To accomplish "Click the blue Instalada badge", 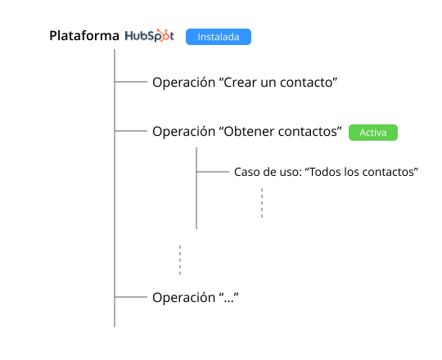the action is click(219, 37).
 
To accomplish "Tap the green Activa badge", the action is click(373, 133).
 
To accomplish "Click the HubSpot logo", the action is click(150, 36).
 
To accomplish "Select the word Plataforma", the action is click(84, 36).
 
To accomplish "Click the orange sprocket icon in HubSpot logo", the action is click(163, 35).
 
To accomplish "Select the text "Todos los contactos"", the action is click(362, 172).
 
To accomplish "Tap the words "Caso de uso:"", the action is click(268, 172).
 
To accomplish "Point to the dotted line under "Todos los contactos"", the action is click(262, 203).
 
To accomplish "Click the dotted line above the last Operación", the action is click(180, 260).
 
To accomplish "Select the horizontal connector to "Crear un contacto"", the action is click(131, 82).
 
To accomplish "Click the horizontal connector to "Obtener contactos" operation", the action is click(131, 131).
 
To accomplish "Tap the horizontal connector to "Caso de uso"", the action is click(213, 172).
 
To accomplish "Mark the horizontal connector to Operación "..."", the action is click(131, 297).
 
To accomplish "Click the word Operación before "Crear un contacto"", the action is click(184, 83).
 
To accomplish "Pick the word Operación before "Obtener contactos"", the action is click(184, 131).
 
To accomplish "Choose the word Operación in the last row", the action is click(184, 298).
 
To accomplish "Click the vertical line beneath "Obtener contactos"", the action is click(196, 188).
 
